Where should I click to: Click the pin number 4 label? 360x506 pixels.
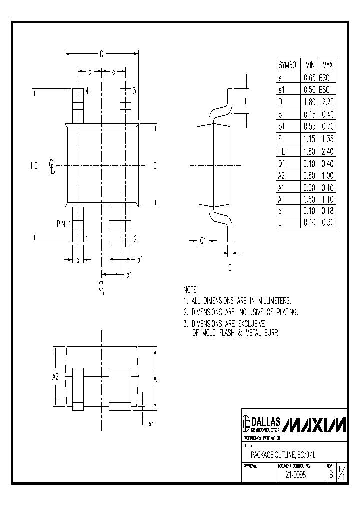pos(87,91)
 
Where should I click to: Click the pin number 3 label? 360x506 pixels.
pos(134,91)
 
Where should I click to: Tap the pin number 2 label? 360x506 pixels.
pos(135,239)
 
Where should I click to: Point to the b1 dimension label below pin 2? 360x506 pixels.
pos(140,259)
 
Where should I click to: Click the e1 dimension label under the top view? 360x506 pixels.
pos(129,275)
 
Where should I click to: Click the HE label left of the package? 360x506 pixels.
pos(34,165)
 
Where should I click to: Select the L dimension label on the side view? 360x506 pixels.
pos(247,101)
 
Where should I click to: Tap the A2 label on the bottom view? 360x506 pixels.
pos(55,377)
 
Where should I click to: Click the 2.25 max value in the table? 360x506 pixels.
pos(327,102)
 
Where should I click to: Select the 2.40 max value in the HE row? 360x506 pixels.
pos(327,151)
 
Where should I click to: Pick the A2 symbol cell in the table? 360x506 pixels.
pos(281,176)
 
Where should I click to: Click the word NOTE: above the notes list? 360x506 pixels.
pos(191,290)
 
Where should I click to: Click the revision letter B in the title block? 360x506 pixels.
pos(330,475)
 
